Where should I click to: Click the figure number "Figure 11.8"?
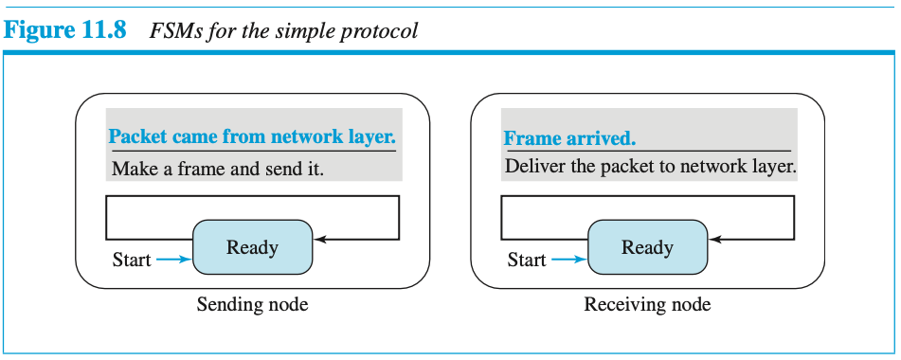(x=65, y=30)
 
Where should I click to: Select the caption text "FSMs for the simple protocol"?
(x=283, y=31)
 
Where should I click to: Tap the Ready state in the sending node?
(x=252, y=247)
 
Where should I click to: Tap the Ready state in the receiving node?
(x=648, y=247)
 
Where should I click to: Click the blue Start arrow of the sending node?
(x=174, y=261)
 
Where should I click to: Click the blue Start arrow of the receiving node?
(x=569, y=261)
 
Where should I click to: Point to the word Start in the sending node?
(x=132, y=261)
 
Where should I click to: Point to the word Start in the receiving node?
(x=527, y=261)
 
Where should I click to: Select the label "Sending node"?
(x=252, y=304)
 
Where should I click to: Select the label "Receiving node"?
(x=648, y=304)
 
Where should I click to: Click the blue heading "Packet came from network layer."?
(x=252, y=136)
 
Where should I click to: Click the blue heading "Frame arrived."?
(x=570, y=137)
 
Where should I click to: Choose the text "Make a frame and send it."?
(x=218, y=169)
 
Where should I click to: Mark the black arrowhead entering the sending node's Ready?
(x=319, y=239)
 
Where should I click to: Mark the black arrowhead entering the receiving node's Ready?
(x=714, y=239)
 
